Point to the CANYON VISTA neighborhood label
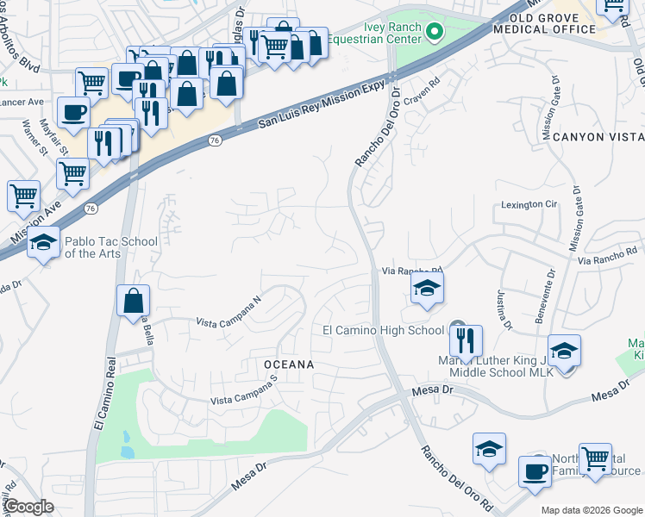coord(598,137)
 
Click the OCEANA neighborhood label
coord(288,365)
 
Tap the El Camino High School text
coord(383,330)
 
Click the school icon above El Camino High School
coord(427,290)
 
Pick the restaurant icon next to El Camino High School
coord(465,340)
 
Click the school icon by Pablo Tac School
coord(44,243)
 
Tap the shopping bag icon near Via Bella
coord(133,302)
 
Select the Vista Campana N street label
coord(229,312)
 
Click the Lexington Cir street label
coord(529,205)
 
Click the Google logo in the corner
coord(28,507)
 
